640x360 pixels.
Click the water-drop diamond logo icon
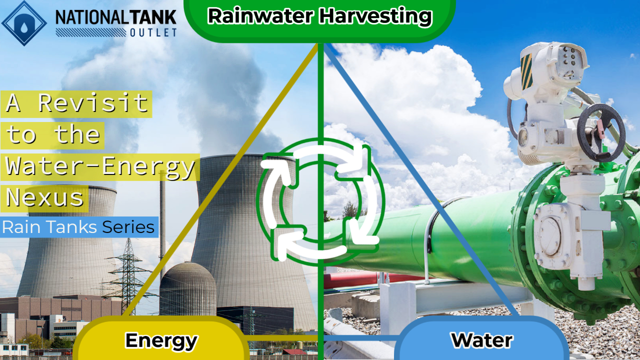click(x=24, y=22)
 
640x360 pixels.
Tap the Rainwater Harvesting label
click(x=319, y=16)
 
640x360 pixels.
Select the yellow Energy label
click(x=161, y=340)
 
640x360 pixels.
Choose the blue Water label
click(x=481, y=340)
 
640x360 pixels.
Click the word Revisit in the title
click(x=94, y=103)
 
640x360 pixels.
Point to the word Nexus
click(x=45, y=197)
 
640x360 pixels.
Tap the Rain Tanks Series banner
click(x=79, y=227)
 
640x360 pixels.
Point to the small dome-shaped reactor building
click(x=187, y=290)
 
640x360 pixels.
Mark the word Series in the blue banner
click(x=128, y=227)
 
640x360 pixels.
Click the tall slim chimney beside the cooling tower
click(x=162, y=225)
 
